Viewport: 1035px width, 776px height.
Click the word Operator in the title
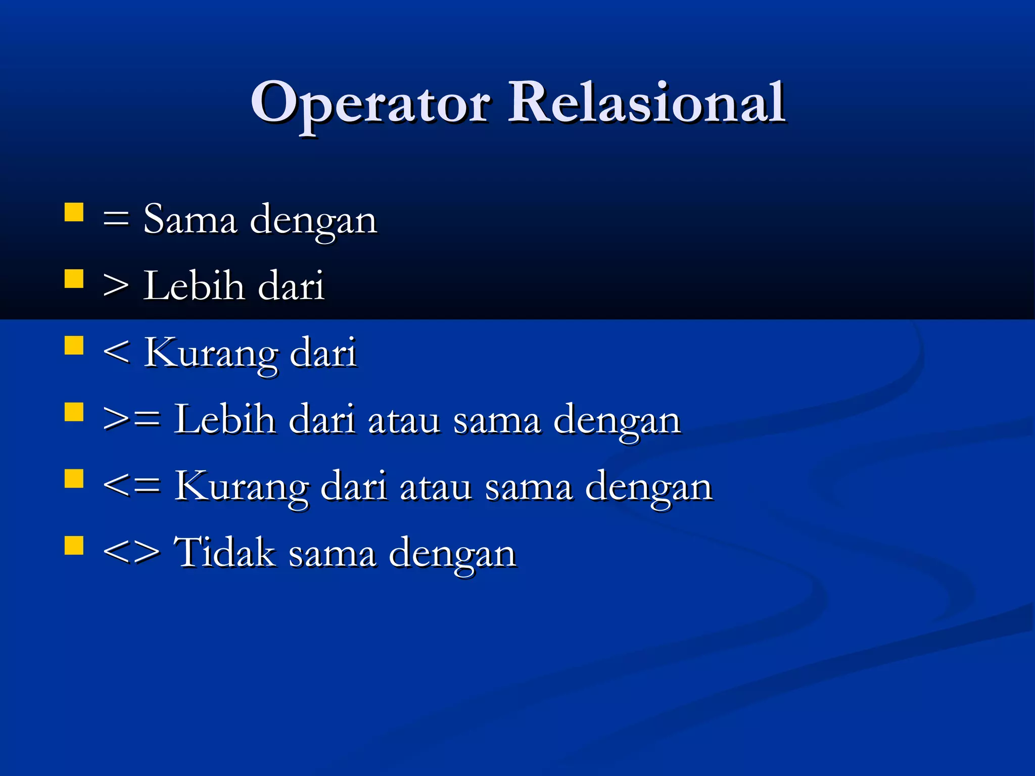point(370,104)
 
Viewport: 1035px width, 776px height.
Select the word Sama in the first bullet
point(190,220)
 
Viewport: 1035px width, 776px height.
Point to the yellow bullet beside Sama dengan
point(74,213)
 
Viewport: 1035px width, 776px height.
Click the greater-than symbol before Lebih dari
point(116,287)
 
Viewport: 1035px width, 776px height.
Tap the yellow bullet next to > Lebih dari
point(74,279)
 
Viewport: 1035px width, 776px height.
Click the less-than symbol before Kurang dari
point(116,352)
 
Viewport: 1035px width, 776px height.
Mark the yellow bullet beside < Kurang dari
point(74,346)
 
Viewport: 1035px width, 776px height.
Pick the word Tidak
point(225,552)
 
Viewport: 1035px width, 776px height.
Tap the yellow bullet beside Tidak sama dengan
point(74,546)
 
